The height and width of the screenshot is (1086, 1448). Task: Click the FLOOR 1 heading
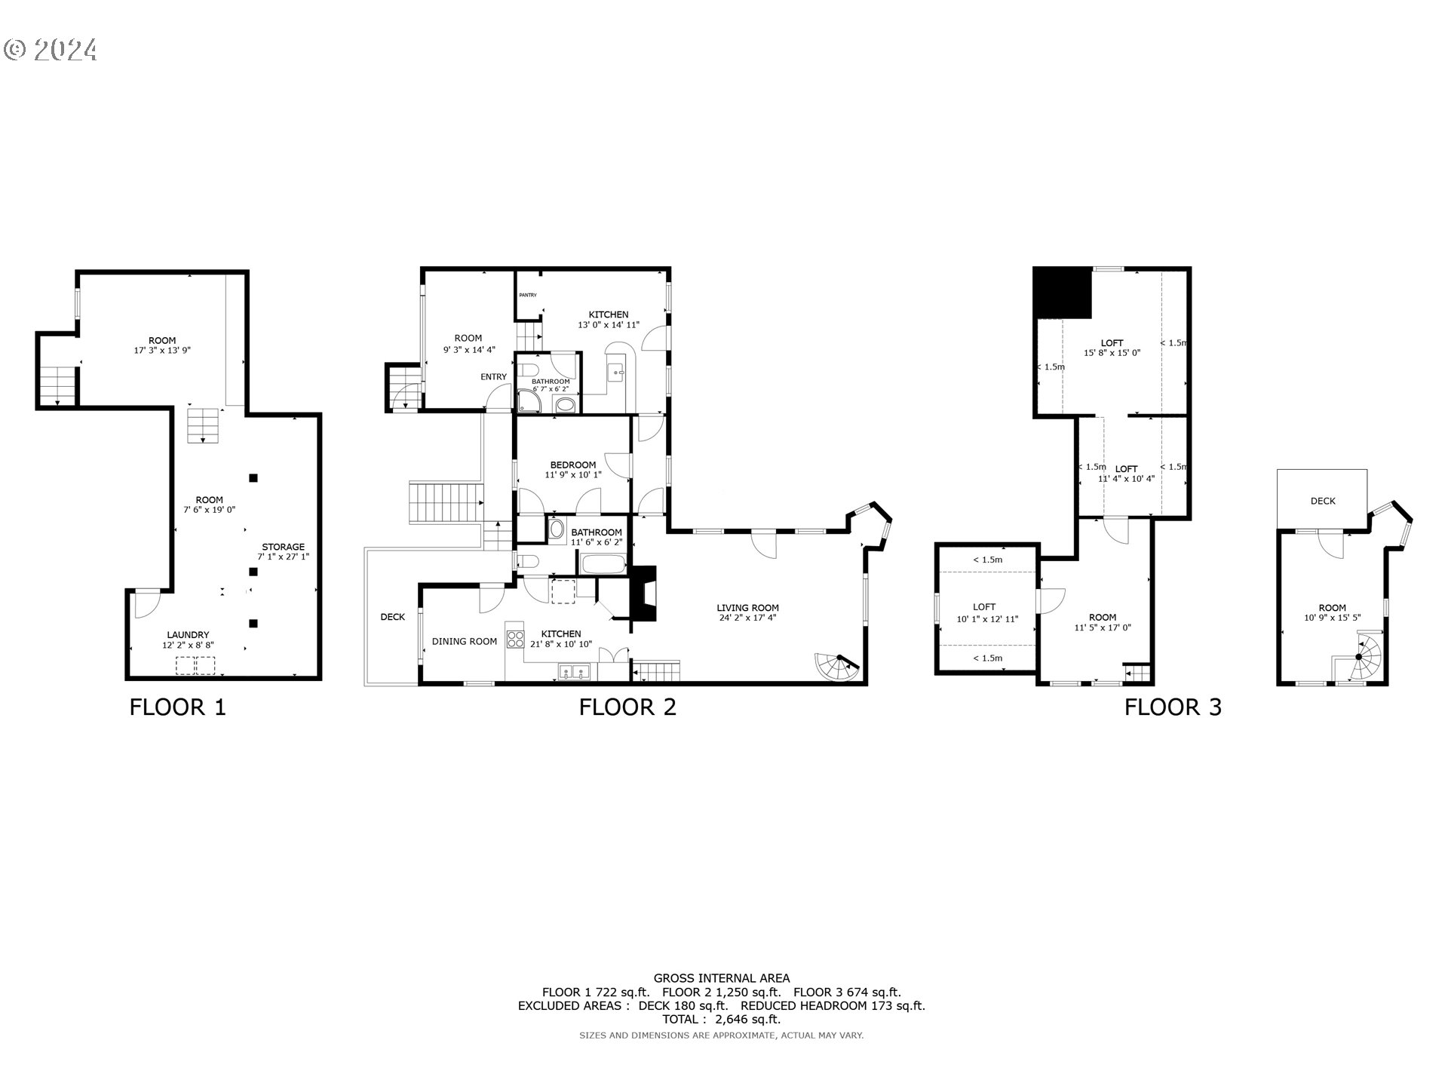click(177, 707)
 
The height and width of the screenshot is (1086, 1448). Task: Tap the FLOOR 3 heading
click(1173, 707)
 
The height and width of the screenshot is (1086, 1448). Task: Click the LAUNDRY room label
click(188, 635)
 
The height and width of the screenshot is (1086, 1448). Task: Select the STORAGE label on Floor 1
click(283, 547)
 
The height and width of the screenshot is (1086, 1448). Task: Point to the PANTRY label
click(527, 295)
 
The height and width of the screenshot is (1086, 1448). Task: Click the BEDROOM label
click(572, 465)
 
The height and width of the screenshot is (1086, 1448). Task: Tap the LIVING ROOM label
click(747, 607)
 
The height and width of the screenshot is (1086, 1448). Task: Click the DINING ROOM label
click(464, 642)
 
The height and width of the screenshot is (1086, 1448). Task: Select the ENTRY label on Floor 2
click(494, 377)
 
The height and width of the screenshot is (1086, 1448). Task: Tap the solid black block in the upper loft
click(1063, 293)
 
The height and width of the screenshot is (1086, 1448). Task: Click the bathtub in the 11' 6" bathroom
click(603, 563)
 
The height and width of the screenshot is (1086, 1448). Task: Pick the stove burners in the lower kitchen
click(516, 640)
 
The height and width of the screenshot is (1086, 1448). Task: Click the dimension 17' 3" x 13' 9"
click(162, 351)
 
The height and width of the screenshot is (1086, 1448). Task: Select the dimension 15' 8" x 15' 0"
click(1112, 353)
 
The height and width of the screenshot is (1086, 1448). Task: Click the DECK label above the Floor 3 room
click(1323, 501)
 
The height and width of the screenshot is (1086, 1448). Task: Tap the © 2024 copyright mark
click(51, 50)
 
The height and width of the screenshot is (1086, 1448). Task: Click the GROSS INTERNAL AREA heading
click(722, 978)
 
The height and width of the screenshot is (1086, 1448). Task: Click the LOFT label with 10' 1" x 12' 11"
click(984, 606)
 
